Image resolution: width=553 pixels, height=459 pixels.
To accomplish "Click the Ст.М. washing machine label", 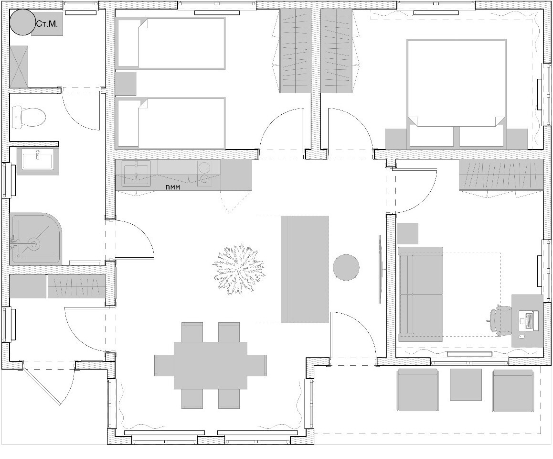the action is [x=47, y=23].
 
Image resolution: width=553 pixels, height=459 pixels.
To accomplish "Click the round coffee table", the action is [x=346, y=267].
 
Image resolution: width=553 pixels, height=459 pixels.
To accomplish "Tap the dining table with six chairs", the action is [x=210, y=365].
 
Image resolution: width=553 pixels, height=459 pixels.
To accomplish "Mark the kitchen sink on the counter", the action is [x=137, y=173].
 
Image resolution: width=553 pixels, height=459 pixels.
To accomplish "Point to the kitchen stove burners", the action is [x=205, y=173].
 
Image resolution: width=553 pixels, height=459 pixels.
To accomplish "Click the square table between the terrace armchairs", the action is [x=466, y=384].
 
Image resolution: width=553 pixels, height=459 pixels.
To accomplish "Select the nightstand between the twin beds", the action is [x=126, y=83].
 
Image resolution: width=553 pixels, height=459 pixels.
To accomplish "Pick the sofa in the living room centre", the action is [x=305, y=269].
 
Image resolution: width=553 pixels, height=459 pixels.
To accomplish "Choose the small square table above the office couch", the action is [x=407, y=233].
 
